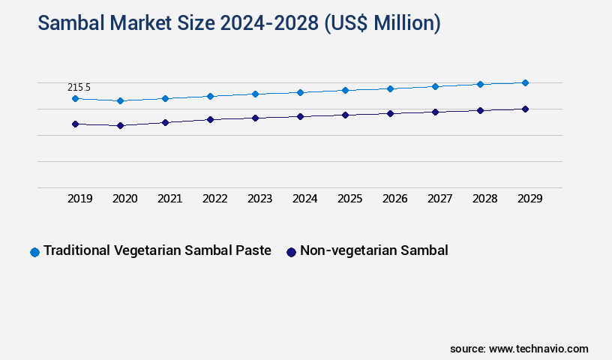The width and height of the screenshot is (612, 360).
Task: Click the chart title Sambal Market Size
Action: coord(238,23)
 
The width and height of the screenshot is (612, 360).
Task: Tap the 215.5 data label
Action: coord(79,88)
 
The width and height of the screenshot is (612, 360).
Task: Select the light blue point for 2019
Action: coord(75,98)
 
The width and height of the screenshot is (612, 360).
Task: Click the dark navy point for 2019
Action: coord(75,124)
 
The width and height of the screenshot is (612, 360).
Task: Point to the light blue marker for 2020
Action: coord(120,100)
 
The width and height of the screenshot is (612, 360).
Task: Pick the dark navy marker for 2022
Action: coord(210,119)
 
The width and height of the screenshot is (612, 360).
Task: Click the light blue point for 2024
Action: coord(300,92)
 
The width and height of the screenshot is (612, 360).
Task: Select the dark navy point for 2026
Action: coord(390,113)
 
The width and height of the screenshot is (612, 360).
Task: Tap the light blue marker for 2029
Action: coord(525,82)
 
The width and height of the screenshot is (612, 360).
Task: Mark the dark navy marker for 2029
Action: coord(525,109)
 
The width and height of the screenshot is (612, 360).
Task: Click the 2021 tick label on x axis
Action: coord(169,199)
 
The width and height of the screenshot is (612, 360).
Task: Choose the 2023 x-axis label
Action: coord(259,199)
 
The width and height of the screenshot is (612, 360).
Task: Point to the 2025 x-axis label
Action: coord(349,199)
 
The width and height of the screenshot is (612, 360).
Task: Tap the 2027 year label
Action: coord(439,199)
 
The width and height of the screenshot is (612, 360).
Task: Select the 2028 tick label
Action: coord(484,199)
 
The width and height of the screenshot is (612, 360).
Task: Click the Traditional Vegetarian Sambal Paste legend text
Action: coord(157,250)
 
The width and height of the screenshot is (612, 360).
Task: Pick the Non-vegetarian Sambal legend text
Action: coord(373,250)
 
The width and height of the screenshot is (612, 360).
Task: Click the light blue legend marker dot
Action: coord(34,252)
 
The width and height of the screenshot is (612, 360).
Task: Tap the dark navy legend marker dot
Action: coord(291,252)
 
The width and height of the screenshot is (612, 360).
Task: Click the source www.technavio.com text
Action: coord(519,349)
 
